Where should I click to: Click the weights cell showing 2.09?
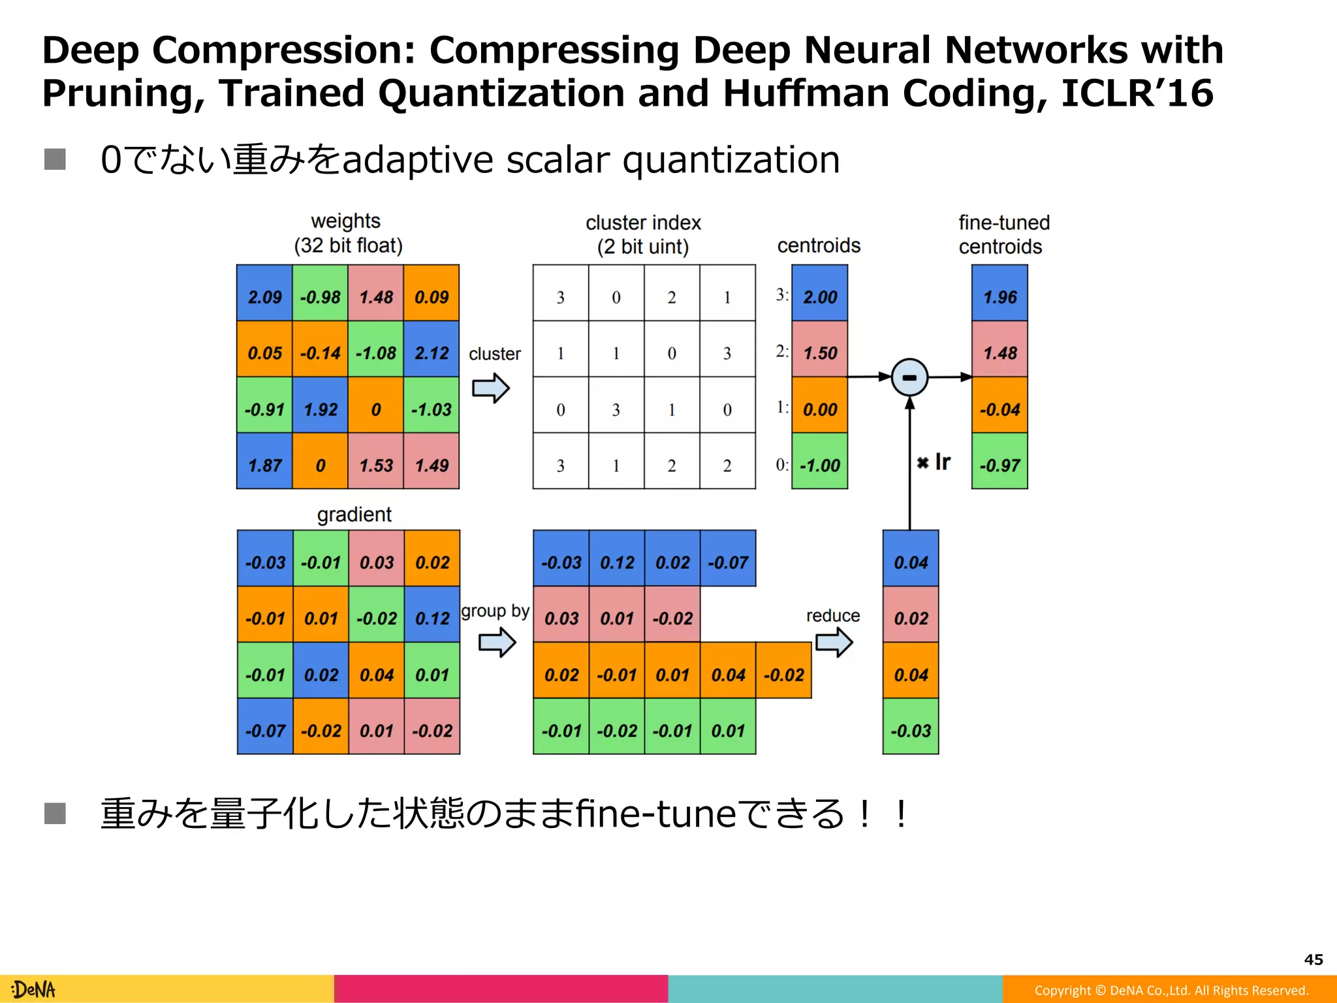point(264,297)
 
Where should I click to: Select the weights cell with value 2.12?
point(432,353)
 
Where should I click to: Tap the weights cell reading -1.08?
point(376,353)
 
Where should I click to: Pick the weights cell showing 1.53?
point(376,466)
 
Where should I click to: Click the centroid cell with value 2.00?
point(820,297)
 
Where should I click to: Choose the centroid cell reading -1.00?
point(820,466)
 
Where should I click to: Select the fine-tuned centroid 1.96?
point(999,297)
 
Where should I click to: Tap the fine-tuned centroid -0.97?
point(999,466)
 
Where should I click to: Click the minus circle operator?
point(909,377)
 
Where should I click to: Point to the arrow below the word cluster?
point(491,389)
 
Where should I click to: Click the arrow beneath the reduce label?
point(834,643)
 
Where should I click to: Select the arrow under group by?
point(497,643)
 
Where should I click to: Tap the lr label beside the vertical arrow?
point(941,462)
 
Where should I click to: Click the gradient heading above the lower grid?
point(354,515)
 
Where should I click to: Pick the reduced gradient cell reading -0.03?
point(911,731)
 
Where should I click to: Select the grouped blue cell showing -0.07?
point(728,562)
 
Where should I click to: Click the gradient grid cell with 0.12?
point(432,618)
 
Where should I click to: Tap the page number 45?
point(1313,959)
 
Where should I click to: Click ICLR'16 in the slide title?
point(1137,93)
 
